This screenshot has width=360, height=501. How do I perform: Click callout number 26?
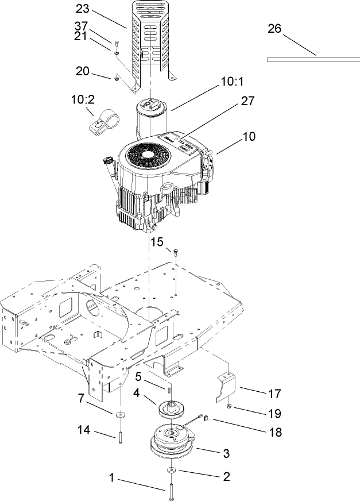tap(274, 29)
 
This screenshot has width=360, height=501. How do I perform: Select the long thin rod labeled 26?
tap(313, 58)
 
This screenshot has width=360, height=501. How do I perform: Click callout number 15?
tap(157, 242)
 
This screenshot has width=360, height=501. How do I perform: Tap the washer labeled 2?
tap(172, 471)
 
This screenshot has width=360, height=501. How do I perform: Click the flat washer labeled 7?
tap(121, 414)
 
